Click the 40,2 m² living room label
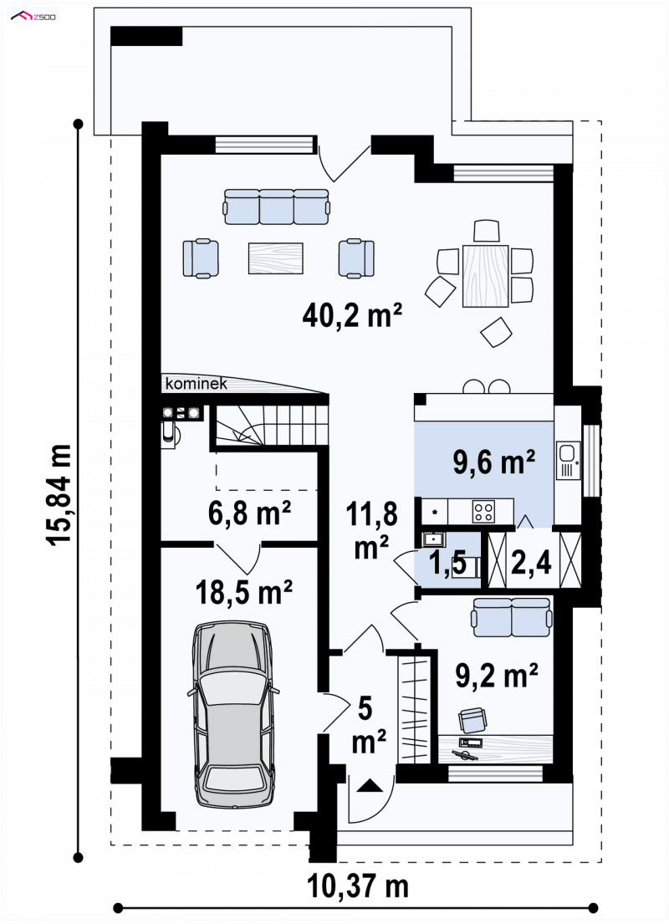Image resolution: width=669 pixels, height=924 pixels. pos(352,315)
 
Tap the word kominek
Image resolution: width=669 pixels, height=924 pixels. pos(197,384)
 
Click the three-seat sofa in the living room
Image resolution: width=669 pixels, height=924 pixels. pos(277,207)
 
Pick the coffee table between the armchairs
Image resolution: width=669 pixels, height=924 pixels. pos(275,258)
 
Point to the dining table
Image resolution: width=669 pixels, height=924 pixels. pos(485,275)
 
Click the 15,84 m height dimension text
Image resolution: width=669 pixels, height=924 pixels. pos(60,495)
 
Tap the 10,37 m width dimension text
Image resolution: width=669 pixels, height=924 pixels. pos(358,886)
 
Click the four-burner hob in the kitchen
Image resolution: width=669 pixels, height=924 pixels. pos(484,510)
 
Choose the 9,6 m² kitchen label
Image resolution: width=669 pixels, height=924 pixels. pos(494,462)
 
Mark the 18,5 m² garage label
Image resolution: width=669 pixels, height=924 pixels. pos(244,592)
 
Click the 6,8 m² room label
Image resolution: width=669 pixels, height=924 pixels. pos(249,513)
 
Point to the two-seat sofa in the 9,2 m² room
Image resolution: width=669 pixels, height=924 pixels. pos(512,617)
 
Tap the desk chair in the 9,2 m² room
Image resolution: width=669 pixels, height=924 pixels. pos(472,719)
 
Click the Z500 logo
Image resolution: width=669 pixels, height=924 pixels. pos(34,16)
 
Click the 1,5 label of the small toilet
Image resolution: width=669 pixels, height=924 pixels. pos(448,563)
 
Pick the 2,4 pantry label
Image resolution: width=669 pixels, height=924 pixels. pos(531,562)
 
